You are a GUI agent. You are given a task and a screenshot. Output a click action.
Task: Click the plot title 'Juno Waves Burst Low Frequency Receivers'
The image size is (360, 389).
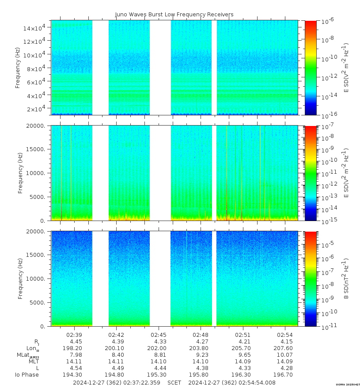[174, 15]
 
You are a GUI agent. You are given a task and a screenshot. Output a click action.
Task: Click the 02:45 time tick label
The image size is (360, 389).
[159, 335]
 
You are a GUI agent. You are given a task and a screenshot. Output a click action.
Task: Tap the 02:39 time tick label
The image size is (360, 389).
[74, 335]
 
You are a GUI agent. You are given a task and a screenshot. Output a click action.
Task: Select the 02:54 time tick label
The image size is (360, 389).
[285, 335]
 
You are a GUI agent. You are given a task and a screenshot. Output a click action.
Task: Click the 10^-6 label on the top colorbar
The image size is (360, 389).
[328, 21]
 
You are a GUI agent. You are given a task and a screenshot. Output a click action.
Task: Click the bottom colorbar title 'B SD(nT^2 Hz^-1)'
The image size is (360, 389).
[346, 278]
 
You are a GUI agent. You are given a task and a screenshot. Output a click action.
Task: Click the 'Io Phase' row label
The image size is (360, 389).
[27, 375]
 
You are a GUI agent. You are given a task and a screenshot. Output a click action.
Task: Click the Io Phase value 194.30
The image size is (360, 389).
[74, 375]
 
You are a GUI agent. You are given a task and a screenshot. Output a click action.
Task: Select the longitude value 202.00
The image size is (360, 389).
[159, 348]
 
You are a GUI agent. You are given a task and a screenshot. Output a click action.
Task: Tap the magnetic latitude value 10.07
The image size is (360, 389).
[285, 355]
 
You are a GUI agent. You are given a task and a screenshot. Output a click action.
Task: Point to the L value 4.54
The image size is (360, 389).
[74, 368]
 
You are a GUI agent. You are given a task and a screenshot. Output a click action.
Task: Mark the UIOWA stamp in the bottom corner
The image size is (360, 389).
[347, 385]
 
